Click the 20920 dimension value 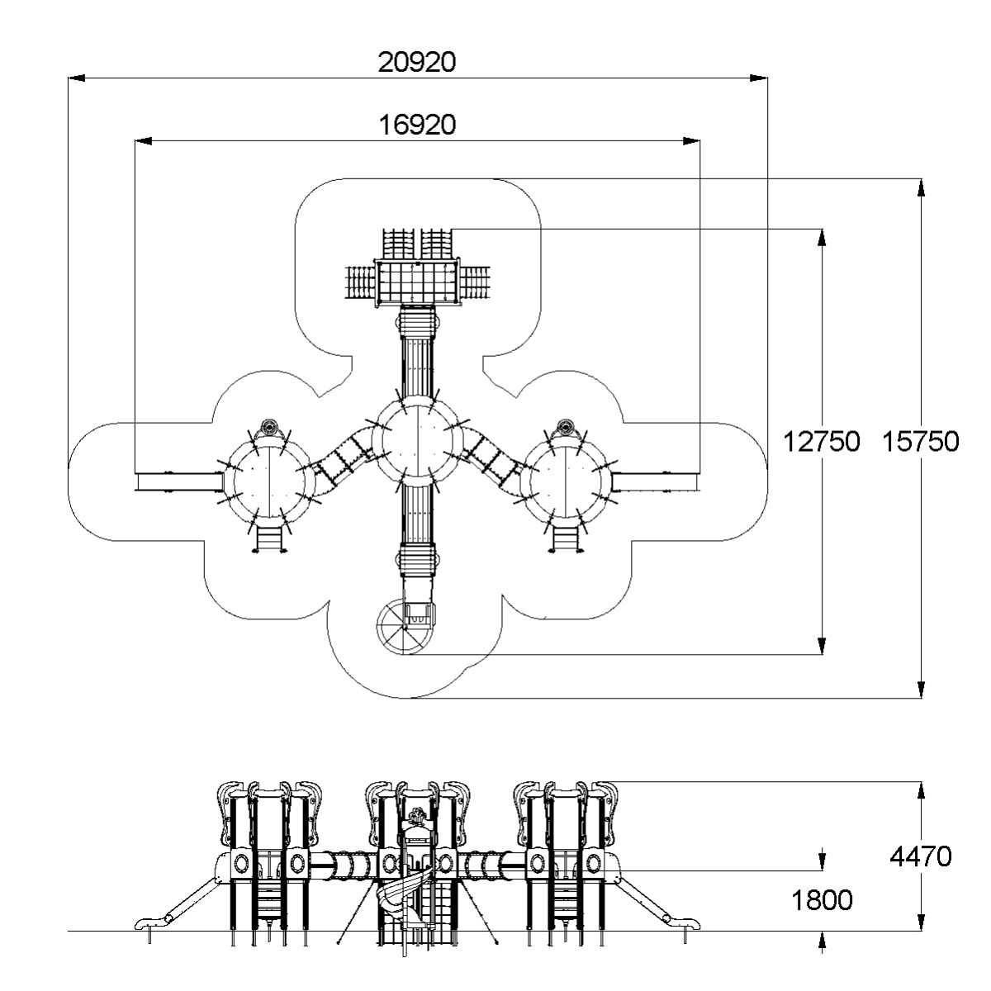(x=416, y=62)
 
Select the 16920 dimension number (x=417, y=125)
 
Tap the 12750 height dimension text (x=821, y=442)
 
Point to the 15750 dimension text (x=921, y=442)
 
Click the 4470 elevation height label (x=921, y=856)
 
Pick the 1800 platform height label (x=822, y=900)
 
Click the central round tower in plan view (x=418, y=441)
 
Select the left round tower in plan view (x=269, y=481)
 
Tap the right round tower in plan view (x=566, y=481)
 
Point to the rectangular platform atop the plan (x=416, y=282)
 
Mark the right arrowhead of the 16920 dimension (x=692, y=141)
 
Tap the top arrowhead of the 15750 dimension (x=921, y=187)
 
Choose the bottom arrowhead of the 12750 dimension (x=822, y=647)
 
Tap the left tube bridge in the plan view (x=340, y=458)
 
